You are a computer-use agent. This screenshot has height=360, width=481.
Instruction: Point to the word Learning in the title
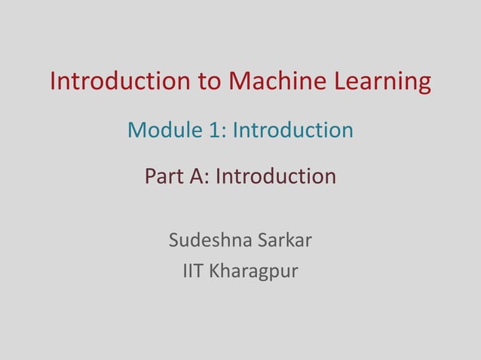point(381,82)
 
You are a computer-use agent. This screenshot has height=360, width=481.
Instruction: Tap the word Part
point(164,177)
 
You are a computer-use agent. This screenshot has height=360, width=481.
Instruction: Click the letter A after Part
point(199,177)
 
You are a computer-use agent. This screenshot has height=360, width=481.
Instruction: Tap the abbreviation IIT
point(193,270)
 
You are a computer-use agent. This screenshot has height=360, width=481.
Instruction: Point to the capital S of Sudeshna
point(174,242)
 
